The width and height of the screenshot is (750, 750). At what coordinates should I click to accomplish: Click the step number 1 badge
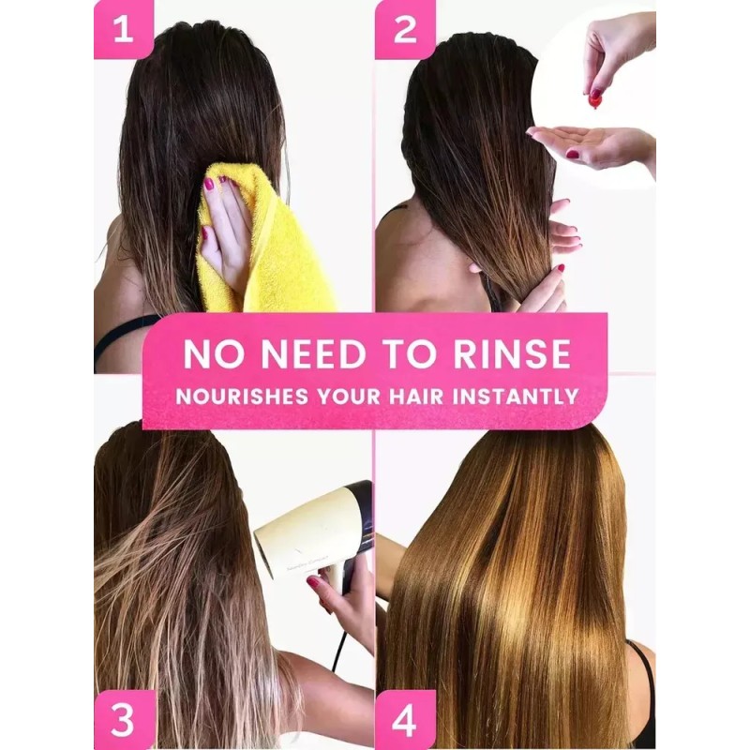[123, 29]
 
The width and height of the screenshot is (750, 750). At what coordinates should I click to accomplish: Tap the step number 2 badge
[405, 29]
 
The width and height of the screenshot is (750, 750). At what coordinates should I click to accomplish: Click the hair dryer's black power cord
[337, 647]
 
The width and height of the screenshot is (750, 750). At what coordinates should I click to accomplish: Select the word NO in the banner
[208, 353]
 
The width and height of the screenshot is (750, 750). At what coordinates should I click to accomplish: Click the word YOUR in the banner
[357, 395]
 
